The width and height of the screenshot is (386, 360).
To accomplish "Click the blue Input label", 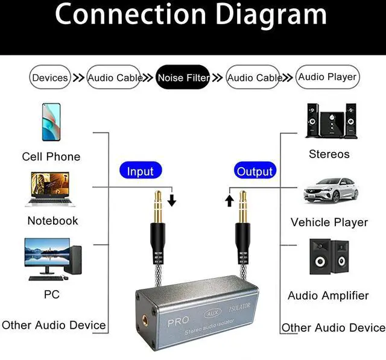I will point(141,171).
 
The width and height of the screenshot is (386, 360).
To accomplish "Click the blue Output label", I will point(255,171).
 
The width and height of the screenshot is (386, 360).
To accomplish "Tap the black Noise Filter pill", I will point(183,77).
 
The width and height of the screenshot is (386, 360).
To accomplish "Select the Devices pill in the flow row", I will point(50,77).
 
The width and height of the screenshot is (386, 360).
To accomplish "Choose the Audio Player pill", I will point(327,77).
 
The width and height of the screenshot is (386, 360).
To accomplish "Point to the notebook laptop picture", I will point(52,189).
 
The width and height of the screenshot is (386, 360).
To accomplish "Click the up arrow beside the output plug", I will point(230,199).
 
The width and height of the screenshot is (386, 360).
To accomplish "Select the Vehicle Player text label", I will point(329,223).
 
